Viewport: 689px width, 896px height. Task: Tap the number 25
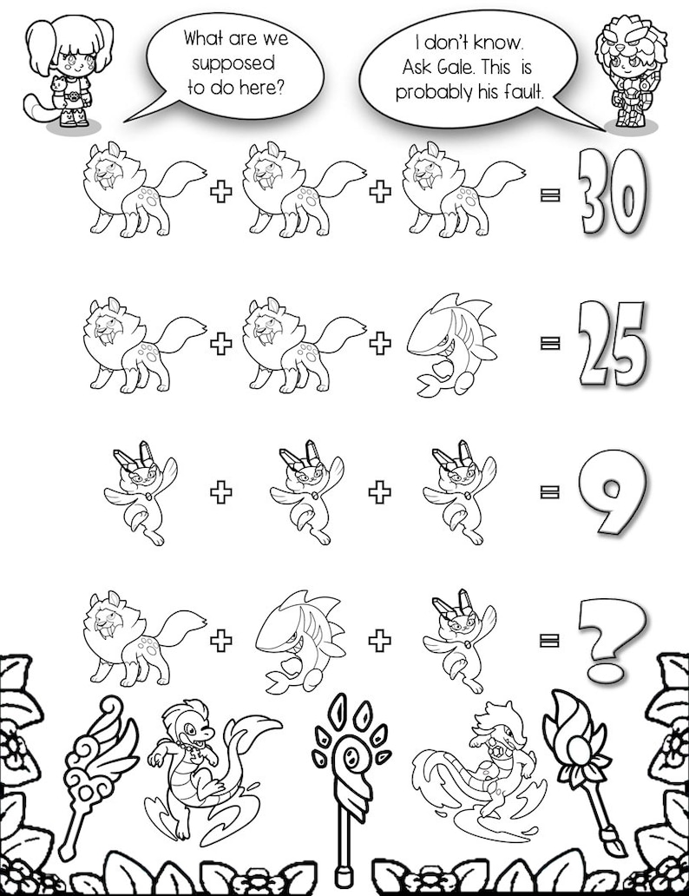[x=613, y=343]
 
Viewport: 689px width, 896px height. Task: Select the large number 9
[x=613, y=491]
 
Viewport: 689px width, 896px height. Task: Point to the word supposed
[x=233, y=64]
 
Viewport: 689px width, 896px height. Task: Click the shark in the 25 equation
[x=451, y=344]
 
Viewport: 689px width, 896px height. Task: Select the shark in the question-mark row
[x=300, y=640]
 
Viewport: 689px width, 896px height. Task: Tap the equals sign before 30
[x=550, y=195]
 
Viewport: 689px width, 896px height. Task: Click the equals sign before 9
[x=550, y=491]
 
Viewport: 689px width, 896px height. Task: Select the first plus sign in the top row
[x=221, y=191]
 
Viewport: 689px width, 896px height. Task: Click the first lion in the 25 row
[x=145, y=344]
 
